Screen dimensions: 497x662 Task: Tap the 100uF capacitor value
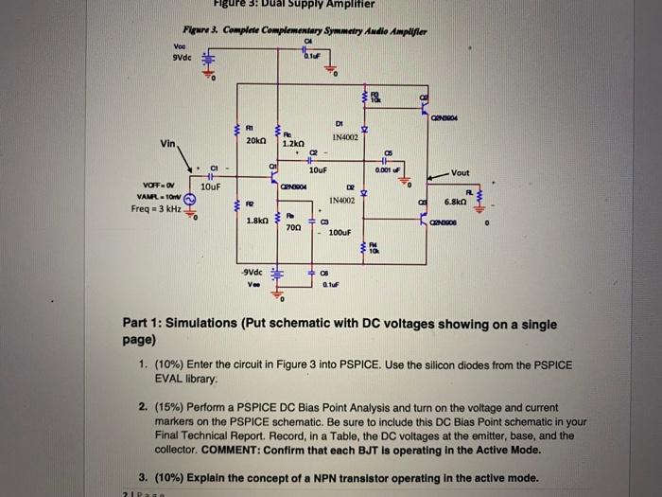341,230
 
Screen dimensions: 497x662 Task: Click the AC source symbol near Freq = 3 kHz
189,200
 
